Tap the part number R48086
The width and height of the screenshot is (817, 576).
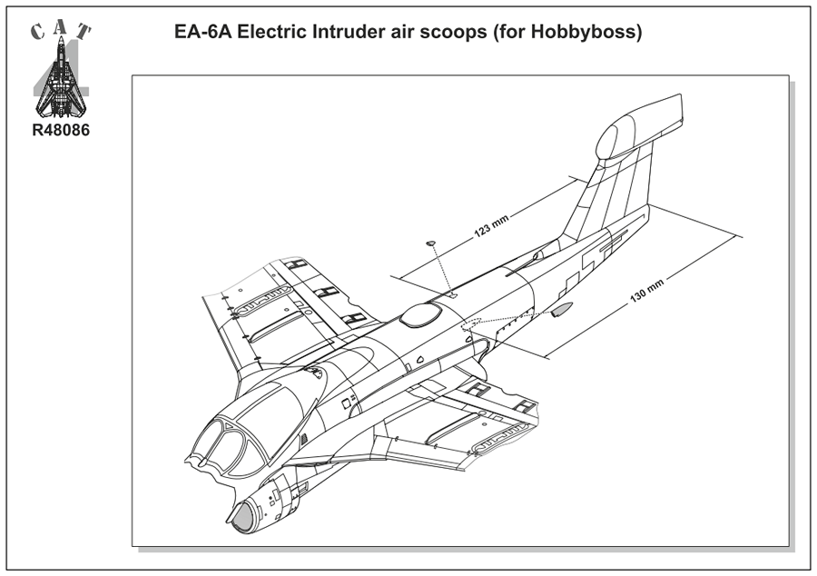pyautogui.click(x=61, y=130)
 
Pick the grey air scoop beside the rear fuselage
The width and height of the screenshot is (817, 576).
pyautogui.click(x=562, y=312)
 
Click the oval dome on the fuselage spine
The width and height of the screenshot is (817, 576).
pyautogui.click(x=421, y=314)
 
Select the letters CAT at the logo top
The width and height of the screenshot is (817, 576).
pyautogui.click(x=61, y=31)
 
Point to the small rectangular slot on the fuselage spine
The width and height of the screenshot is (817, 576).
pyautogui.click(x=451, y=294)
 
